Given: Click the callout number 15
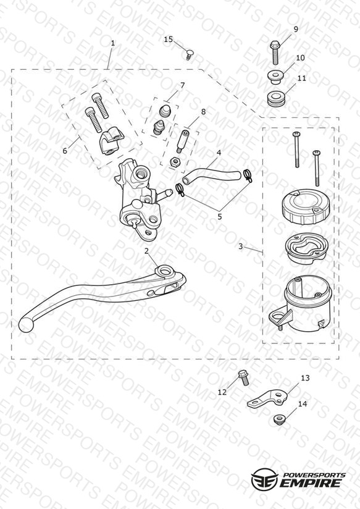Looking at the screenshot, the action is point(168,40).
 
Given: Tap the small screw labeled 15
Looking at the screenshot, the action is point(188,54).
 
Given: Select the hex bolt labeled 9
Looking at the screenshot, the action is point(275,52).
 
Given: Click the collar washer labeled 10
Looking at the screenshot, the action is point(276,78).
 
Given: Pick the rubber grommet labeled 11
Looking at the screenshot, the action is point(276,99).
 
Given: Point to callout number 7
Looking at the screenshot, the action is point(182,86).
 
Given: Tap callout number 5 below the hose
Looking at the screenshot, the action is point(220,217).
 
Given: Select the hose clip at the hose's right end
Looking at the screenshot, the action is point(248,175).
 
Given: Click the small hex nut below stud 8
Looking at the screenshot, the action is point(175,162).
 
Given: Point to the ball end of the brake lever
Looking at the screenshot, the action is point(26,325).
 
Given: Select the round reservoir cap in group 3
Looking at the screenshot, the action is point(305,207).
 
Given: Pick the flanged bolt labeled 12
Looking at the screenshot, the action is point(243,377).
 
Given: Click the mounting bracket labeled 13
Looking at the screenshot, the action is point(267,398).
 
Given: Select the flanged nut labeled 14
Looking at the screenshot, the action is point(278,419).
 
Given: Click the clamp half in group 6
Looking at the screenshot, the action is point(111,141).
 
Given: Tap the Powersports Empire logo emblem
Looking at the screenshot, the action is point(264,479).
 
